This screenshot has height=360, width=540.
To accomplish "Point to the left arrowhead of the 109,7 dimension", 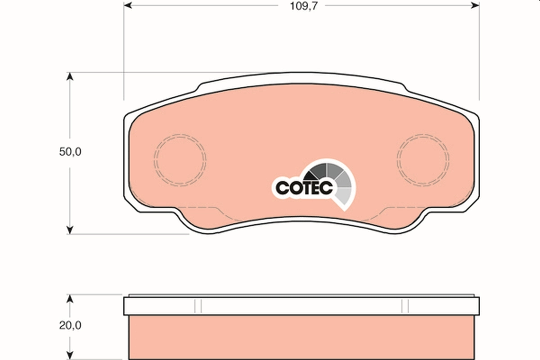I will pyautogui.click(x=127, y=5).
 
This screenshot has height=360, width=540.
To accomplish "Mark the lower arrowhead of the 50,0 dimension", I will pyautogui.click(x=69, y=230).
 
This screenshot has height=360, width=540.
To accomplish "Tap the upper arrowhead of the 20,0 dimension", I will pyautogui.click(x=69, y=299).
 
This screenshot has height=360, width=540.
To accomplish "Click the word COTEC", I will pyautogui.click(x=304, y=188).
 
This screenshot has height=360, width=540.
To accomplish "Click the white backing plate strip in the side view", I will pyautogui.click(x=301, y=306).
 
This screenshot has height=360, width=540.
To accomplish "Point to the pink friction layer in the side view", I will pyautogui.click(x=301, y=337).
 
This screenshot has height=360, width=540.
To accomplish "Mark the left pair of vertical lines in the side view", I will pyautogui.click(x=198, y=306).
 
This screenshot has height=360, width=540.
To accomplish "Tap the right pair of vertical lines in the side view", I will pyautogui.click(x=405, y=306).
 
